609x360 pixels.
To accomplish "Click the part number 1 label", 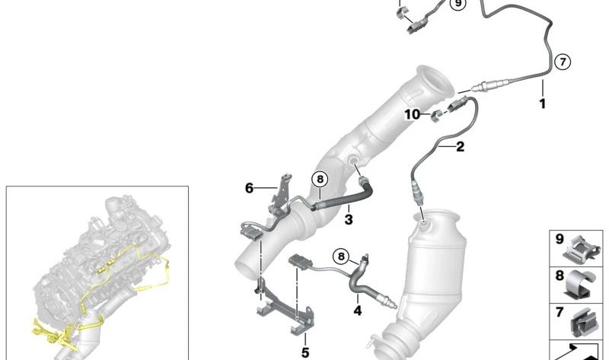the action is (543, 104).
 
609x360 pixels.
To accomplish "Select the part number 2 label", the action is (460, 147).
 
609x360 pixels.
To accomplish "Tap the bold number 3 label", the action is (349, 219).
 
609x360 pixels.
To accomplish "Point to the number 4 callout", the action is (358, 311).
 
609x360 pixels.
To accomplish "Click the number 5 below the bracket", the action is (305, 352).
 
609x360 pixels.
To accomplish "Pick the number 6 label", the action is (249, 188).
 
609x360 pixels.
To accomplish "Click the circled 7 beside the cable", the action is (563, 62).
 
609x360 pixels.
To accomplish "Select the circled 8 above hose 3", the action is (320, 180).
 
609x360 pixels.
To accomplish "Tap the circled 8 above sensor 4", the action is (341, 256).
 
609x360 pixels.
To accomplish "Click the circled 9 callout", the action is (458, 4).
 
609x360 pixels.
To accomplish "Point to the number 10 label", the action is (412, 115).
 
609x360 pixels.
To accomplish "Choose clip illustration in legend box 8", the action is (581, 285).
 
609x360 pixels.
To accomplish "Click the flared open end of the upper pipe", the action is (435, 83).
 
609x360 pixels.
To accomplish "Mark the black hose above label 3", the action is (344, 199).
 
